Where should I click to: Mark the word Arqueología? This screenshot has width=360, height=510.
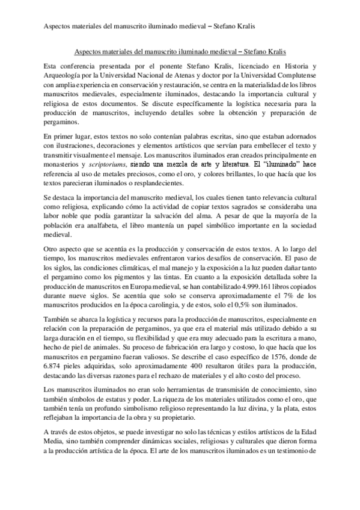(x=66, y=76)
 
